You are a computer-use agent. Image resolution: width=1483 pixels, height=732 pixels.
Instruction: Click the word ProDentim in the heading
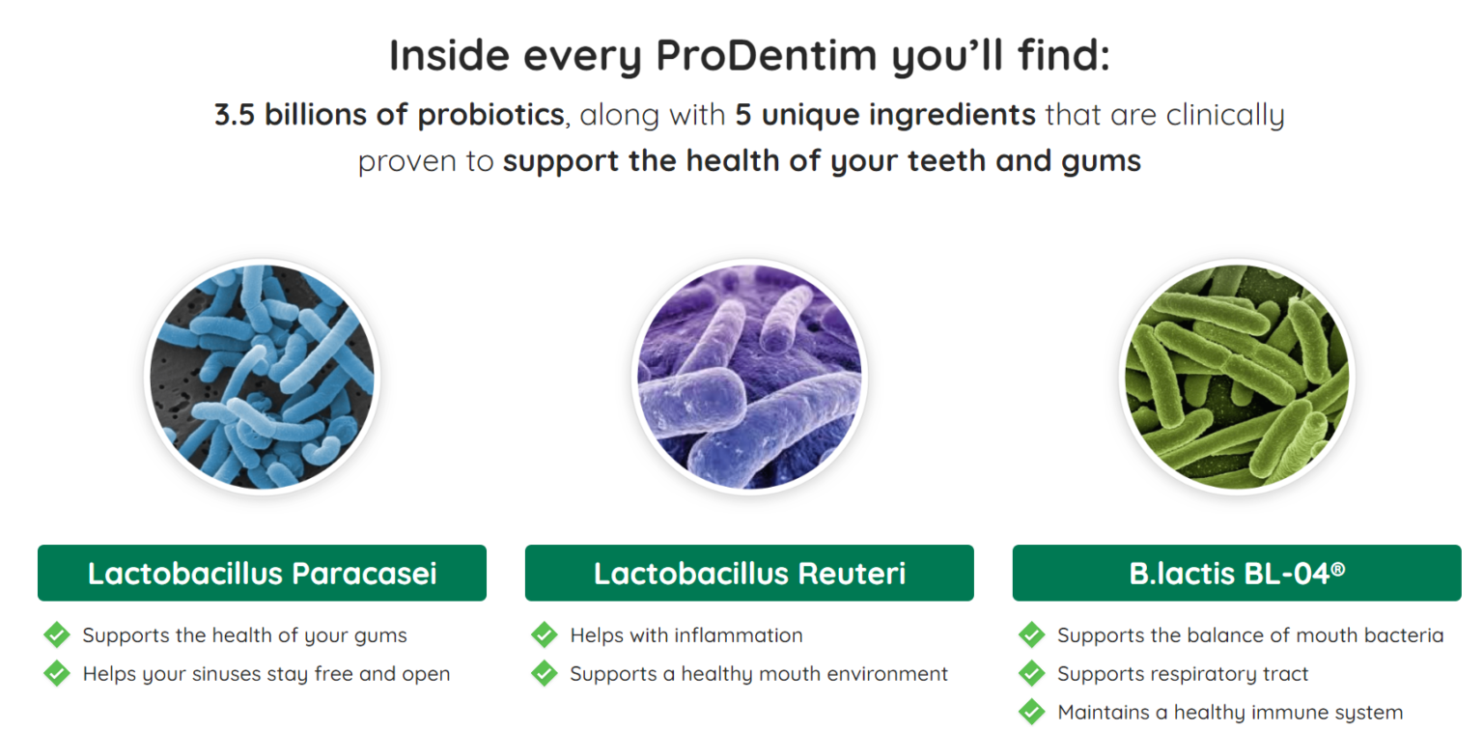[x=766, y=55]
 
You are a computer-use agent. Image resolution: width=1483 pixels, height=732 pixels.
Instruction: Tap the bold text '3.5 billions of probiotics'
[x=389, y=115]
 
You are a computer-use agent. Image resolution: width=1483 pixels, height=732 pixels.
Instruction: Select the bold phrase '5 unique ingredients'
[x=885, y=115]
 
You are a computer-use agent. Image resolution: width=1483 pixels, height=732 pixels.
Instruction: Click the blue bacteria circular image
[x=263, y=377]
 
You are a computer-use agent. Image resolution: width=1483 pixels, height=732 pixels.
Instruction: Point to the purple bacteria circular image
[x=749, y=377]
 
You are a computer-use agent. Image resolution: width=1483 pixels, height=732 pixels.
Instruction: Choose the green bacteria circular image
[x=1237, y=377]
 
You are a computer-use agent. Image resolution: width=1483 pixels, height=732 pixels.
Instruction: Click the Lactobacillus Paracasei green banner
[x=263, y=573]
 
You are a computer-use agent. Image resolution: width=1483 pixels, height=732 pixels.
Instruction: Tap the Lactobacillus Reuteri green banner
[x=749, y=573]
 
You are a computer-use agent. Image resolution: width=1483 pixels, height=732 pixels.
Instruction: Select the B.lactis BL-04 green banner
[x=1237, y=573]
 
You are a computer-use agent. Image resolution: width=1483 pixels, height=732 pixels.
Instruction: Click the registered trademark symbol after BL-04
[x=1338, y=569]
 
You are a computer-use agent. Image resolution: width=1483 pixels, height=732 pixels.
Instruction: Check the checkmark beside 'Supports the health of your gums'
[x=57, y=634]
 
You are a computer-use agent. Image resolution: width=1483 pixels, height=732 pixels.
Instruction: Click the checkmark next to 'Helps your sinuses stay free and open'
[x=57, y=673]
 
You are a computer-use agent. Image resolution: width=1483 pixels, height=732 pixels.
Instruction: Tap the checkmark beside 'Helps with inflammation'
[x=545, y=634]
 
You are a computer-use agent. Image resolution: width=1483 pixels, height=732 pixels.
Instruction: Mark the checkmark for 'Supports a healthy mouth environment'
[x=545, y=673]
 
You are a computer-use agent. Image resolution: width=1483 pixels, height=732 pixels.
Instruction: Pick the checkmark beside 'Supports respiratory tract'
[x=1031, y=673]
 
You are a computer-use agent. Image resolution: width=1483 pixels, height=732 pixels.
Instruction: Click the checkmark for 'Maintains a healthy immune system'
[x=1031, y=712]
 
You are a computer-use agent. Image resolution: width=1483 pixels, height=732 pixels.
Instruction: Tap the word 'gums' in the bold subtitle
[x=1101, y=162]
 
